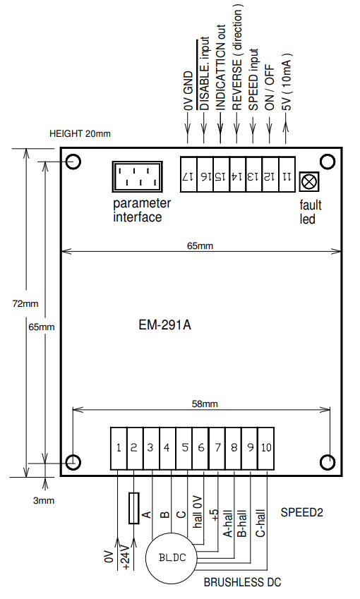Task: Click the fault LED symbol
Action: [308, 181]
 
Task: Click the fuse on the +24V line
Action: [133, 508]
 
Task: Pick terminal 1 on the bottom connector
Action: [119, 447]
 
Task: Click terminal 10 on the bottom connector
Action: [265, 447]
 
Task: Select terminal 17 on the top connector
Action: [188, 176]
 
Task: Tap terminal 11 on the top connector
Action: [287, 176]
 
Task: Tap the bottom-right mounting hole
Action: [328, 461]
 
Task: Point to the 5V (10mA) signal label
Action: [286, 81]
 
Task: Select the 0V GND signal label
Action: [188, 90]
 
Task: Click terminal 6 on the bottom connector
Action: [200, 447]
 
